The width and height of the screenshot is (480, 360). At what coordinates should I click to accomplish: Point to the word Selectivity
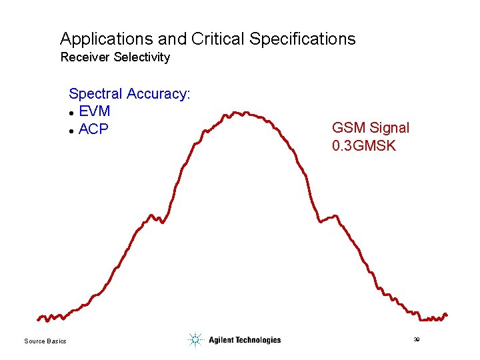(142, 57)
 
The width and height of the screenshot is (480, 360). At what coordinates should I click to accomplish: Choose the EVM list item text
(94, 111)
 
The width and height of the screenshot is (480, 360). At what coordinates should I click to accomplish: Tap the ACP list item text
(93, 129)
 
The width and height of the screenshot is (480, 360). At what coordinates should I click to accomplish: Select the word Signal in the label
(388, 128)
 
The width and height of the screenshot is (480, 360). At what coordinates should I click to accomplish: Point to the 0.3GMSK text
(364, 145)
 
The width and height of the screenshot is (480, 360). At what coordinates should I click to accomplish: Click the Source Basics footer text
(45, 341)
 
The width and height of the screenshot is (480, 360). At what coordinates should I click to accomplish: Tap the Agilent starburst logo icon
(195, 340)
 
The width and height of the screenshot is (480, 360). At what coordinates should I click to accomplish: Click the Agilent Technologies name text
(245, 340)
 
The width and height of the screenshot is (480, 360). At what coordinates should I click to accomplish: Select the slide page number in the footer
(416, 340)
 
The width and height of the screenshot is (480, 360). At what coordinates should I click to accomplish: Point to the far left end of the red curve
(39, 319)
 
